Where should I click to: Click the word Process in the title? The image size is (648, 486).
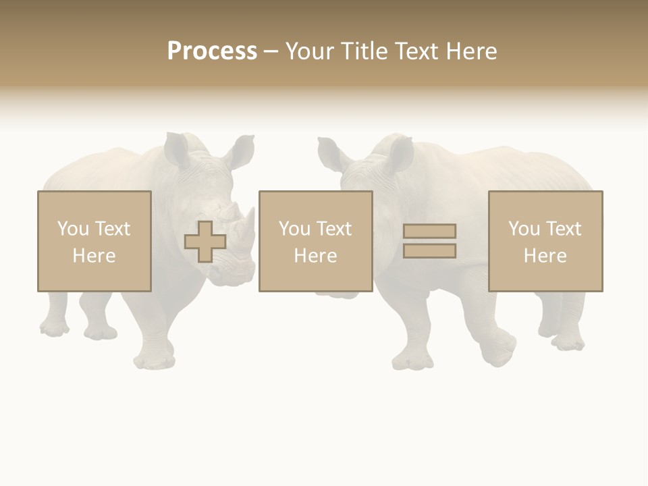tap(212, 51)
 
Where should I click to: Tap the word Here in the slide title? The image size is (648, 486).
tap(470, 51)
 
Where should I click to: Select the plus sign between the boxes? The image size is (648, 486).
tap(205, 242)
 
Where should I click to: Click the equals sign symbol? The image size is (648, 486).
tap(429, 241)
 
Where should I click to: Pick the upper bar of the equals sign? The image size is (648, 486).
tap(429, 231)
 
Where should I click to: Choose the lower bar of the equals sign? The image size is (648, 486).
tap(429, 250)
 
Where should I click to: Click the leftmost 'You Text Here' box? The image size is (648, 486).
tap(94, 241)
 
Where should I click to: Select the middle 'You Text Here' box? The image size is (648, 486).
tap(315, 241)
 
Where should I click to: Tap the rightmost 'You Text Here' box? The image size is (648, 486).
tap(545, 241)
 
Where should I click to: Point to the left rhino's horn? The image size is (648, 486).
tap(248, 226)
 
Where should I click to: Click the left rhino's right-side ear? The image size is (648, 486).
tap(241, 152)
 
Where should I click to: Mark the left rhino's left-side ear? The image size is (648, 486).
tap(178, 149)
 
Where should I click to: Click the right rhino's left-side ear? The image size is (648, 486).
tap(330, 155)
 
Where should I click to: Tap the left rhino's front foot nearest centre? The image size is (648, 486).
tap(155, 360)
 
